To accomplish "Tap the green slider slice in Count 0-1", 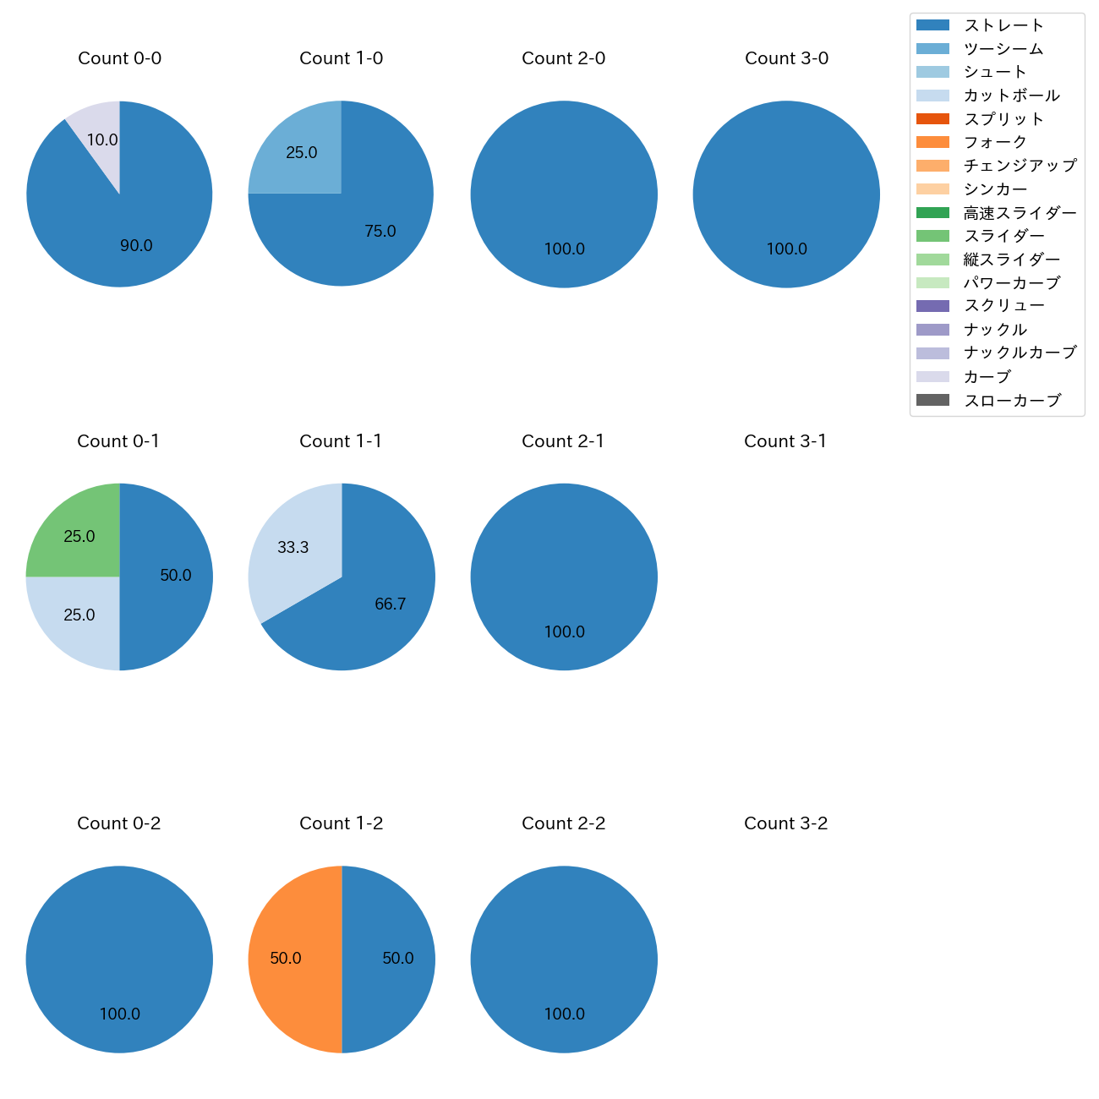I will pos(78,535).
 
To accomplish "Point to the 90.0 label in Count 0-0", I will pos(136,246).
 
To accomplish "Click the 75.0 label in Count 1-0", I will pos(380,232).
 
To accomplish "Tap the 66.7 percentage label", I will pos(391,604).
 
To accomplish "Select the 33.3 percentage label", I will pos(293,548).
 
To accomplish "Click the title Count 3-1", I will pos(785,441).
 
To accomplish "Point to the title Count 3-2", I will pos(785,823).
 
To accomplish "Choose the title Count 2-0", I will pos(564,58).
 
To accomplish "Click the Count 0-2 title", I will pos(119,823).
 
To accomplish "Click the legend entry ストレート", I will pos(1003,25).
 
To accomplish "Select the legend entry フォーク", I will pos(995,142).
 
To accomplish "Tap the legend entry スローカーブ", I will pos(1012,401).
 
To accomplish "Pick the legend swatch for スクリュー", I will pos(933,306).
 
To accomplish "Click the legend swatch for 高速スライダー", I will pos(933,213).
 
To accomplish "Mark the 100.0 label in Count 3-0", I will pos(787,249).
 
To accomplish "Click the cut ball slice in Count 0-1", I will pos(78,615).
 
